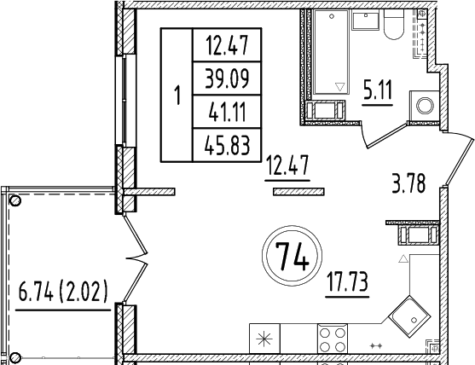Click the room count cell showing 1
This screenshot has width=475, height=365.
coord(177,95)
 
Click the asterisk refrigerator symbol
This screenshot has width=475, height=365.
coord(263,339)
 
